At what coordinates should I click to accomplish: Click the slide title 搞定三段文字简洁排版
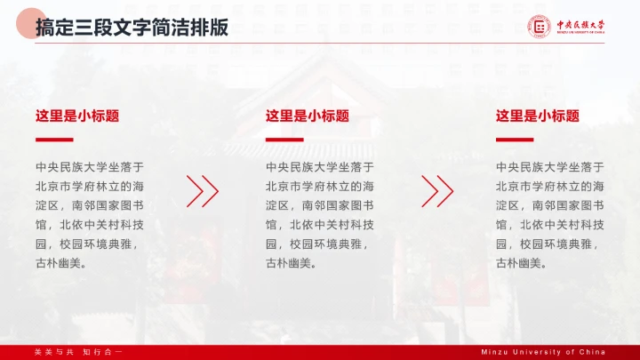132,28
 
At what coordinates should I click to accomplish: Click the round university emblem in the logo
540,28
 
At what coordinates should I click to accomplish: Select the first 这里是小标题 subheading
77,116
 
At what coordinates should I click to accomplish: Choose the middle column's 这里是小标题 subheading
308,116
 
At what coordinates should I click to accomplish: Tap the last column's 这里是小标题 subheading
538,116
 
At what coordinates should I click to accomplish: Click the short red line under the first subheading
54,140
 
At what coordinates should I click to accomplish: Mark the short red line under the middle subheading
284,140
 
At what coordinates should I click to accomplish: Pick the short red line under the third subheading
515,140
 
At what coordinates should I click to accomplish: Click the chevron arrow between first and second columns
203,190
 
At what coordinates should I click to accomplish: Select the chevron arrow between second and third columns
437,190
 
